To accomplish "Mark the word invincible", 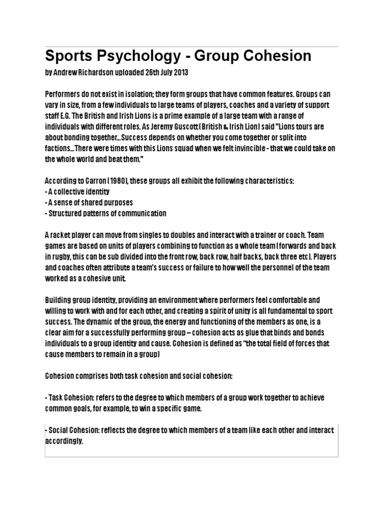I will tap(267, 149).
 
